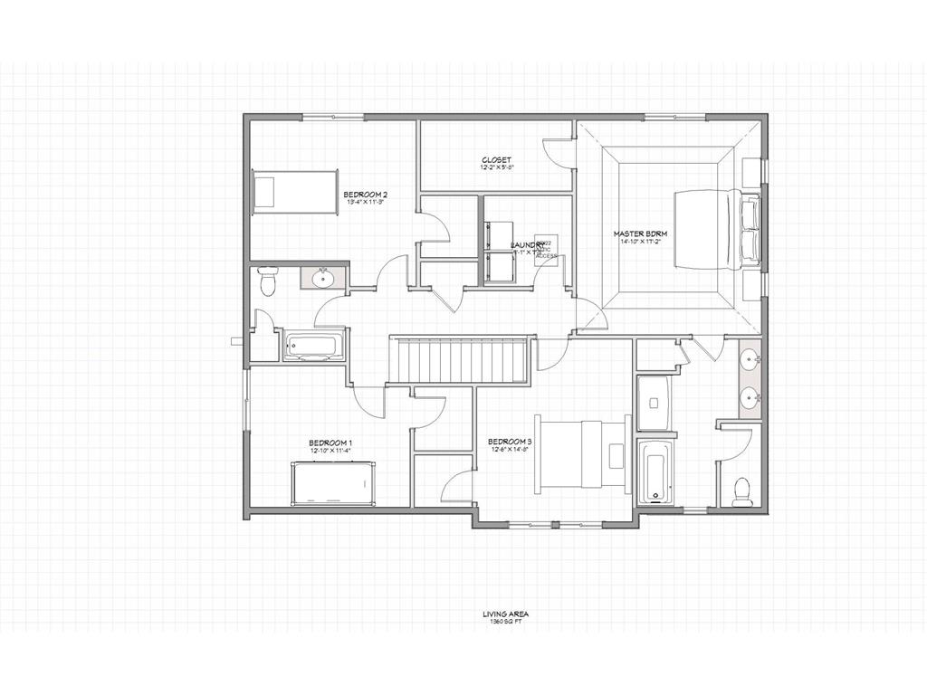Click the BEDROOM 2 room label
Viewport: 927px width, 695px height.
366,195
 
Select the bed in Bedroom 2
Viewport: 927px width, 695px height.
295,192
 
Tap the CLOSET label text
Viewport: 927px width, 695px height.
496,160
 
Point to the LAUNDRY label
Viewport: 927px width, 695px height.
527,245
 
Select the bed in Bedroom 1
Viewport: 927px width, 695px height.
332,483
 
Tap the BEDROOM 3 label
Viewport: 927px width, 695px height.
511,442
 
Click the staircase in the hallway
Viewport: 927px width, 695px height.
459,359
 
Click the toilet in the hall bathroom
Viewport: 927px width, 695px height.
267,281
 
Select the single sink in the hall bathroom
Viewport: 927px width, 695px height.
322,280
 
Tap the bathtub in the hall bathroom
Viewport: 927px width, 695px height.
314,347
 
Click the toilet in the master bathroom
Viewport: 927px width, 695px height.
741,490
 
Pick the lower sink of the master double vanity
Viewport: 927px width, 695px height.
750,396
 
